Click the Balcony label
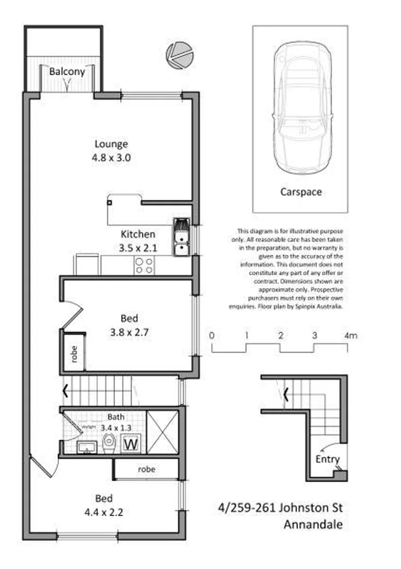pos(67,72)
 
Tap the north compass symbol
pos(178,55)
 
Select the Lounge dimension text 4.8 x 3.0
pos(111,158)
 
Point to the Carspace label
pos(301,192)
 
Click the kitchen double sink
pos(181,237)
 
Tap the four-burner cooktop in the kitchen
pos(144,264)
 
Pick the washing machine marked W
pos(130,445)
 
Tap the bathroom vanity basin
pos(85,447)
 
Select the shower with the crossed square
pos(162,432)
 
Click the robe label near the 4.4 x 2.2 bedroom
pos(146,469)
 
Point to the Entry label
pos(328,459)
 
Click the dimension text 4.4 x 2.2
pos(103,512)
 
